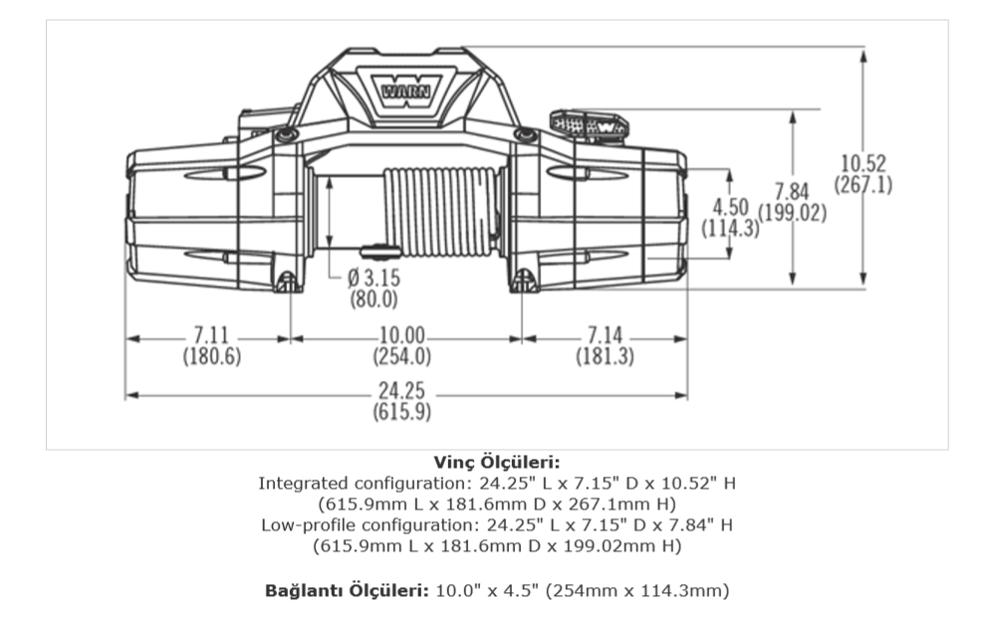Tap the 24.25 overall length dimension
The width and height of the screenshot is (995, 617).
point(401,390)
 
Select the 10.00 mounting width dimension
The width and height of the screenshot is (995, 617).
point(401,334)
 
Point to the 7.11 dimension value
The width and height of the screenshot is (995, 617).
point(211,334)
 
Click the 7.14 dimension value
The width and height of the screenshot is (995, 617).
point(605,334)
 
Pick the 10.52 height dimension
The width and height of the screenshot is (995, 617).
point(863,163)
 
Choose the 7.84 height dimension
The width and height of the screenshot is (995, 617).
point(792,191)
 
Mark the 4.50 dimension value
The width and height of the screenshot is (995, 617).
point(730,207)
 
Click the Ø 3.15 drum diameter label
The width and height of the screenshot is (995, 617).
point(373,278)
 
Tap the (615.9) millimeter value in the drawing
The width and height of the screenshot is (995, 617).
point(401,412)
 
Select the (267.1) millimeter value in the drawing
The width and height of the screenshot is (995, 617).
point(863,184)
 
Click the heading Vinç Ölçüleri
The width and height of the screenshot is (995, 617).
point(497,463)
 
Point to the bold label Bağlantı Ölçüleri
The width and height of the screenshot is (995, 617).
point(348,591)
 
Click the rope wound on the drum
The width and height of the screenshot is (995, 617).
point(440,212)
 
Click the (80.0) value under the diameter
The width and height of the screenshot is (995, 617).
point(373,299)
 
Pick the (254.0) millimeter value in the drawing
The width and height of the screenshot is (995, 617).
point(401,356)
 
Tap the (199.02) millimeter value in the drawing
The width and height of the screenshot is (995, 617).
point(793,212)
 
